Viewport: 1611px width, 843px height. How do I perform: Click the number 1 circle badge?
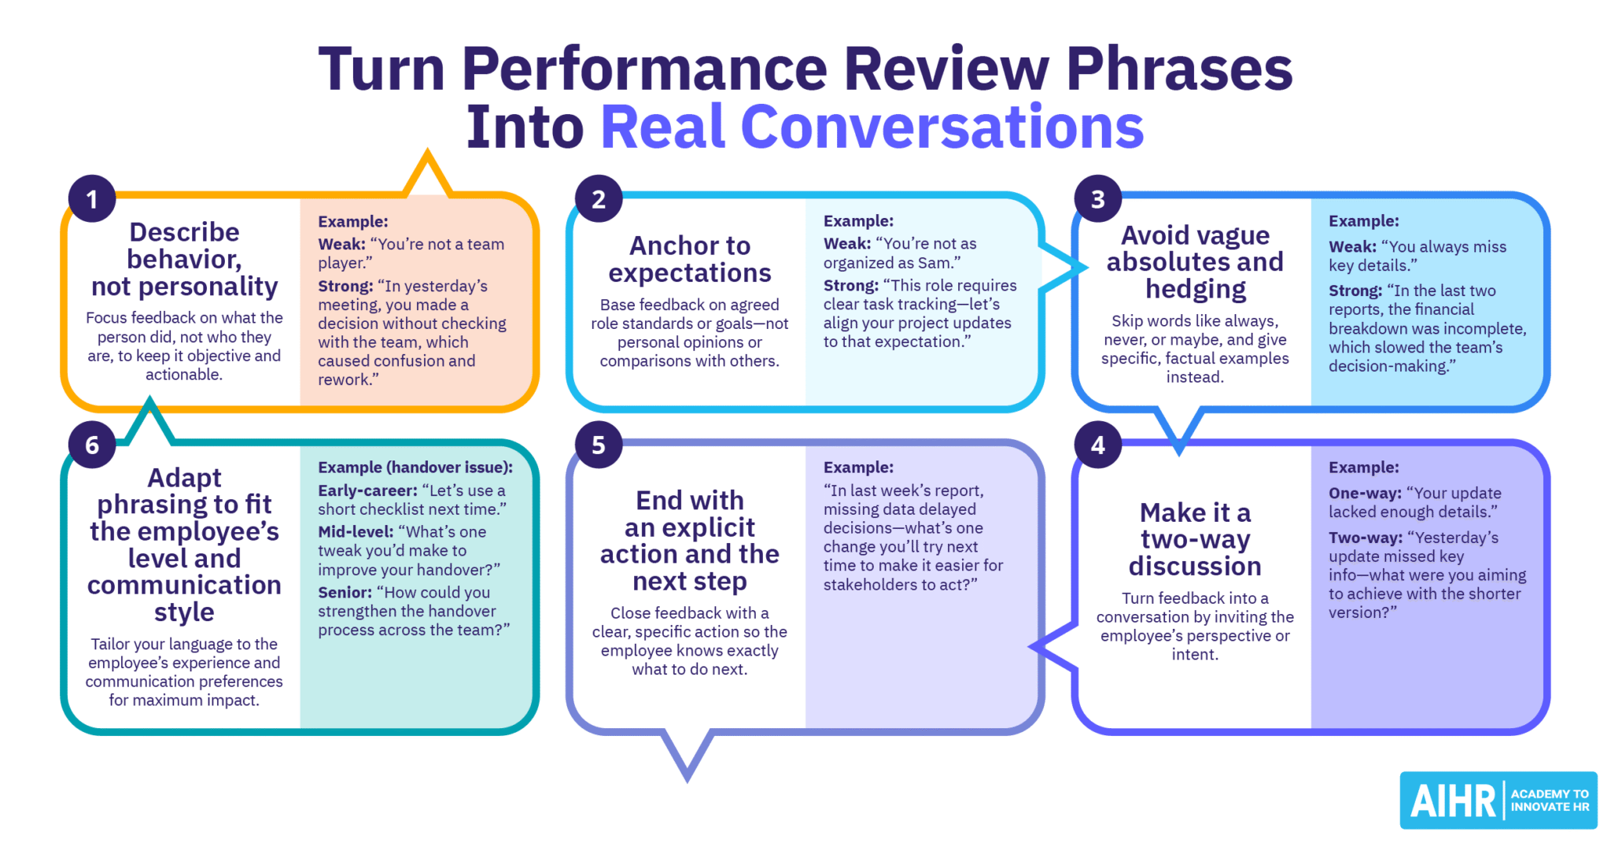tap(92, 198)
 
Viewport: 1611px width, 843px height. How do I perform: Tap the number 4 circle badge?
tap(1098, 445)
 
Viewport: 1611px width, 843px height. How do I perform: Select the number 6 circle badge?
tap(92, 445)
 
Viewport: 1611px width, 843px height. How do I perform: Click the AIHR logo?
tap(1498, 800)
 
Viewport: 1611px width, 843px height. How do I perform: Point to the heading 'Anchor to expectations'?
tap(690, 259)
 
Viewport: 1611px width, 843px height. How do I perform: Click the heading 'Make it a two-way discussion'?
tap(1195, 539)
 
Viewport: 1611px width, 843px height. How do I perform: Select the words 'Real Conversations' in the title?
tap(872, 127)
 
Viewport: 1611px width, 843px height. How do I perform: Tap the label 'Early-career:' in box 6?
tap(367, 490)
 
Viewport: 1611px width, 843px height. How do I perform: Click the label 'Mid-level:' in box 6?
tap(356, 532)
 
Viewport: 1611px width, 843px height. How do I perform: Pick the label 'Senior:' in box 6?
tap(345, 593)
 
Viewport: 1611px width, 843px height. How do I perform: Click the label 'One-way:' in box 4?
tap(1365, 494)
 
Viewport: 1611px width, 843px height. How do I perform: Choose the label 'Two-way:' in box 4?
tap(1366, 538)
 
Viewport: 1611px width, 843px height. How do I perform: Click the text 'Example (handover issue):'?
tap(415, 468)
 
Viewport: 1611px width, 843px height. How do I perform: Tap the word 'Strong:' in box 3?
tap(1355, 291)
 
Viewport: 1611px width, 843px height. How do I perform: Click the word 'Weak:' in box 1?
tap(341, 245)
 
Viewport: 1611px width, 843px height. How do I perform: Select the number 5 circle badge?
tap(599, 445)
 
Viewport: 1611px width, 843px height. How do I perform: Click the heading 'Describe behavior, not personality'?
tap(185, 259)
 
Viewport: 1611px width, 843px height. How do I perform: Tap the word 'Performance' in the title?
tap(644, 68)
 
